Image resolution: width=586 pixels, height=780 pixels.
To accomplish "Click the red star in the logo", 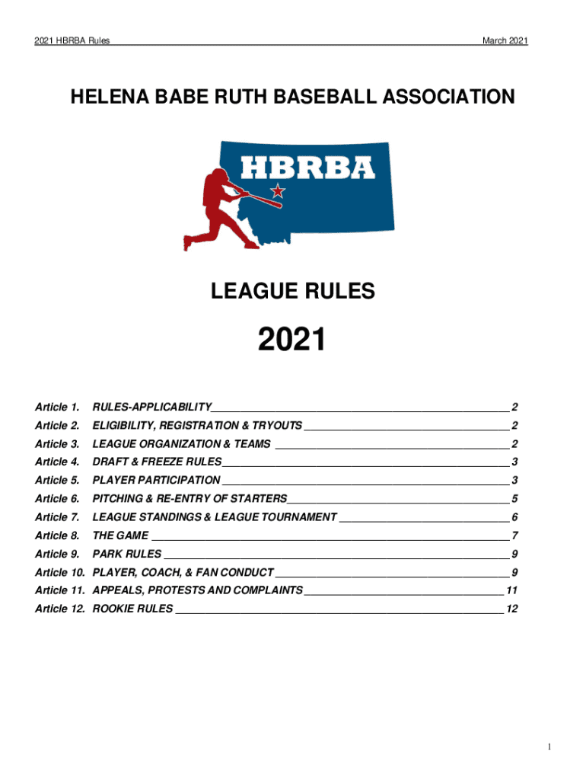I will coord(279,190).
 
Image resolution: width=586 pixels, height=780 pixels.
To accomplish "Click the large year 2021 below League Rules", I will coord(292,340).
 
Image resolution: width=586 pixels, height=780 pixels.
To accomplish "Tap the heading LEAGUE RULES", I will coord(292,290).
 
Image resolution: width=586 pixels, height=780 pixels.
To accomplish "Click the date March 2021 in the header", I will coord(505,41).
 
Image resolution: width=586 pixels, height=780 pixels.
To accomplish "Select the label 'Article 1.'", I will coord(57,407).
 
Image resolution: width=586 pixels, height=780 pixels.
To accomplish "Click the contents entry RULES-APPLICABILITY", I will coord(152,407).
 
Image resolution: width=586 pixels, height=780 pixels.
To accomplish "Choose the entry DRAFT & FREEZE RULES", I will coord(157,462).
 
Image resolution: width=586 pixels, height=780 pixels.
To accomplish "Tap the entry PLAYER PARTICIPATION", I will coord(156,480).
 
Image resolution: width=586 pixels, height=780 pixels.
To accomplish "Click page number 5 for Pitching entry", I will coord(515,499).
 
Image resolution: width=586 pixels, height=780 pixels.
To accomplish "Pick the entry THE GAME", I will coord(120,535).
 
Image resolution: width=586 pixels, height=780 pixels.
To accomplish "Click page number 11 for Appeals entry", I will coord(512,590).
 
